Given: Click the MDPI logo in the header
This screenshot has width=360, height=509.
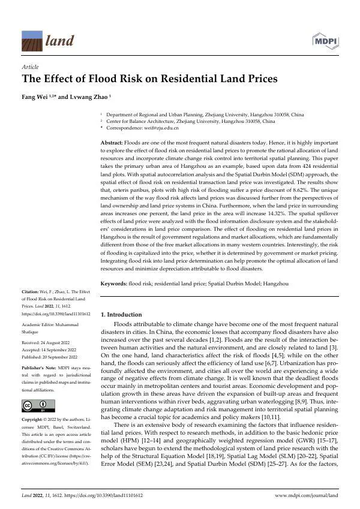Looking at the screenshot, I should coord(326,41).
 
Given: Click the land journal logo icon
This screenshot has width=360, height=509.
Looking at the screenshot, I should coord(32,40).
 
